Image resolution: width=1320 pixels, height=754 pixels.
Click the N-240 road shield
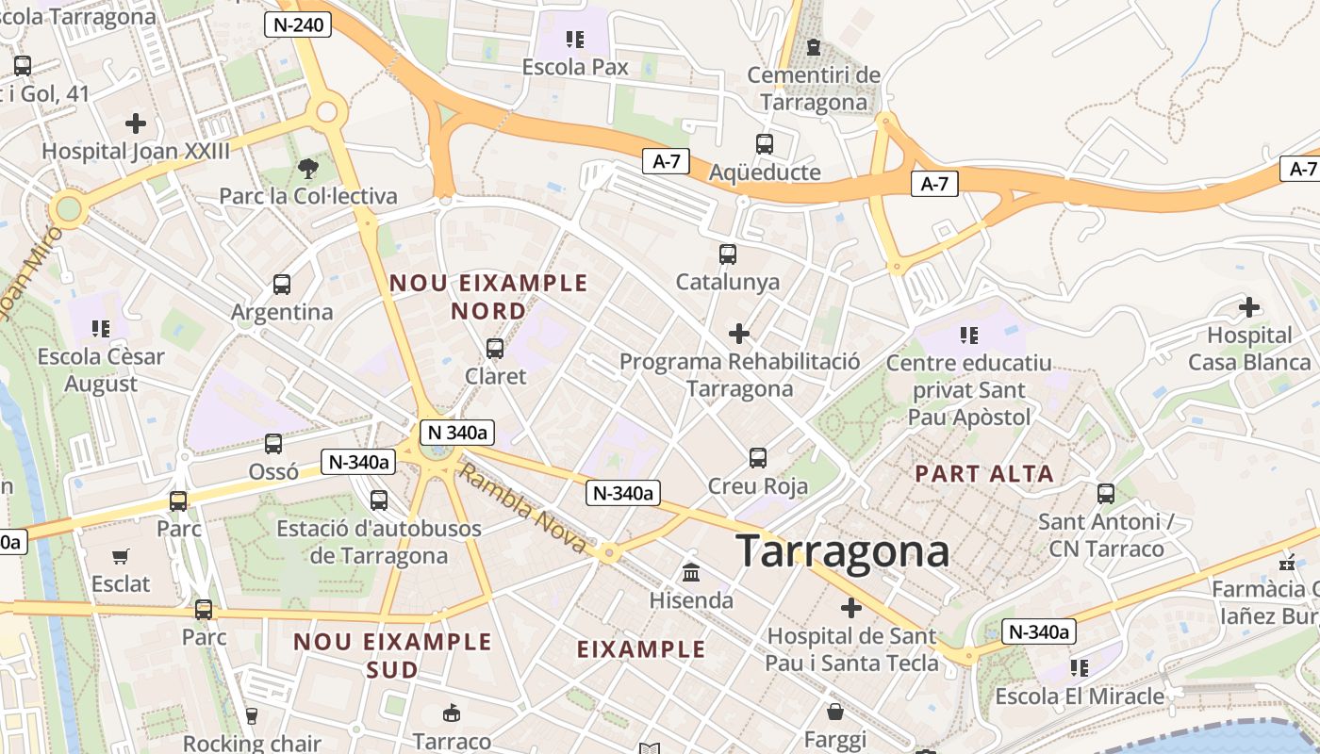(x=298, y=25)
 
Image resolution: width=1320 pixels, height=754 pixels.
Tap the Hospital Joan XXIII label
(x=136, y=151)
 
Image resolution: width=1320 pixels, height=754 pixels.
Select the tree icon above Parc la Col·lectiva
(x=307, y=169)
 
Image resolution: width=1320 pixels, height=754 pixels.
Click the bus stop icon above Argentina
(x=281, y=284)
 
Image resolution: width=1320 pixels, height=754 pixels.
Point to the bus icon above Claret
(x=495, y=349)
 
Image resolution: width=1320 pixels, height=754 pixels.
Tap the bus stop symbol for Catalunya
(x=727, y=254)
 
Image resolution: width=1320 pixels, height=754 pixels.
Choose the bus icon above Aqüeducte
(x=764, y=144)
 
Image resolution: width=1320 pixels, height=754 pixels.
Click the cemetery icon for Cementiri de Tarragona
(x=813, y=46)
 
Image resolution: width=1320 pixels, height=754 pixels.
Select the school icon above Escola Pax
(x=574, y=40)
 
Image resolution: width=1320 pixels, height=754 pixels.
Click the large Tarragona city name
(x=842, y=550)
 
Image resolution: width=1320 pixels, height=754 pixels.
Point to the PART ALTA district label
(x=984, y=474)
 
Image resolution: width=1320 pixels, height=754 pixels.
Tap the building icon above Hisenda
(x=691, y=572)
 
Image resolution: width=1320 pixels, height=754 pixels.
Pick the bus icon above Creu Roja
(x=757, y=458)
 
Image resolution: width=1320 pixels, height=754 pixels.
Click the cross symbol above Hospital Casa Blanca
(x=1249, y=307)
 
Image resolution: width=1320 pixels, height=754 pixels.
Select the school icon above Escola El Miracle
(x=1080, y=668)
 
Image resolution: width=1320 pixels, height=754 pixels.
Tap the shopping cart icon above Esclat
(x=120, y=556)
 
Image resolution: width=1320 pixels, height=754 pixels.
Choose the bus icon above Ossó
(x=273, y=443)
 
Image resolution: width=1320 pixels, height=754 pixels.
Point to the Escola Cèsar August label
(x=101, y=370)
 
